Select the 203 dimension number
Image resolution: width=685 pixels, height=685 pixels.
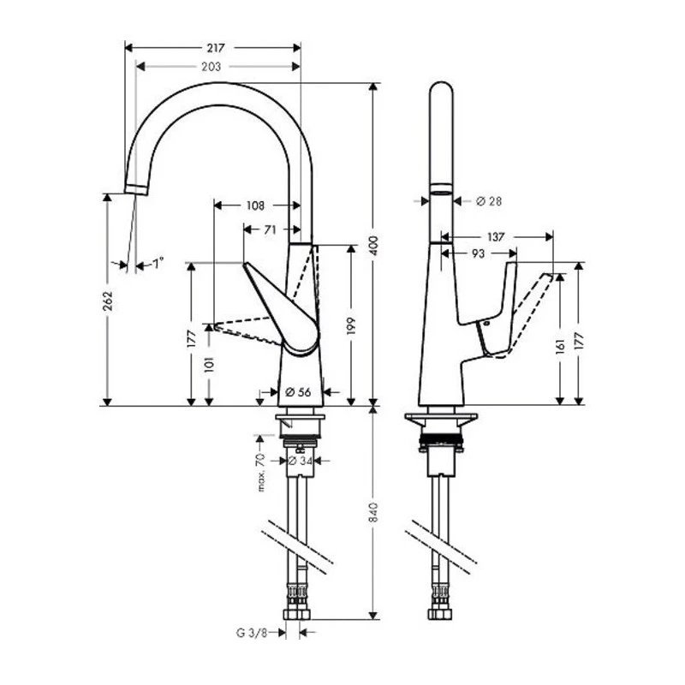point(211,66)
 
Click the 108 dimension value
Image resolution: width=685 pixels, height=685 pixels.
point(255,205)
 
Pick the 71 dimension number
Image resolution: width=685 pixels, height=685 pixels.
point(270,229)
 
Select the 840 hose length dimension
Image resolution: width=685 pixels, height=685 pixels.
point(373,513)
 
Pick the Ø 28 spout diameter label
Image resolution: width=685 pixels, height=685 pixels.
point(487,201)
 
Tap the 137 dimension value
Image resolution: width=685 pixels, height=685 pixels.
point(496,236)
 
